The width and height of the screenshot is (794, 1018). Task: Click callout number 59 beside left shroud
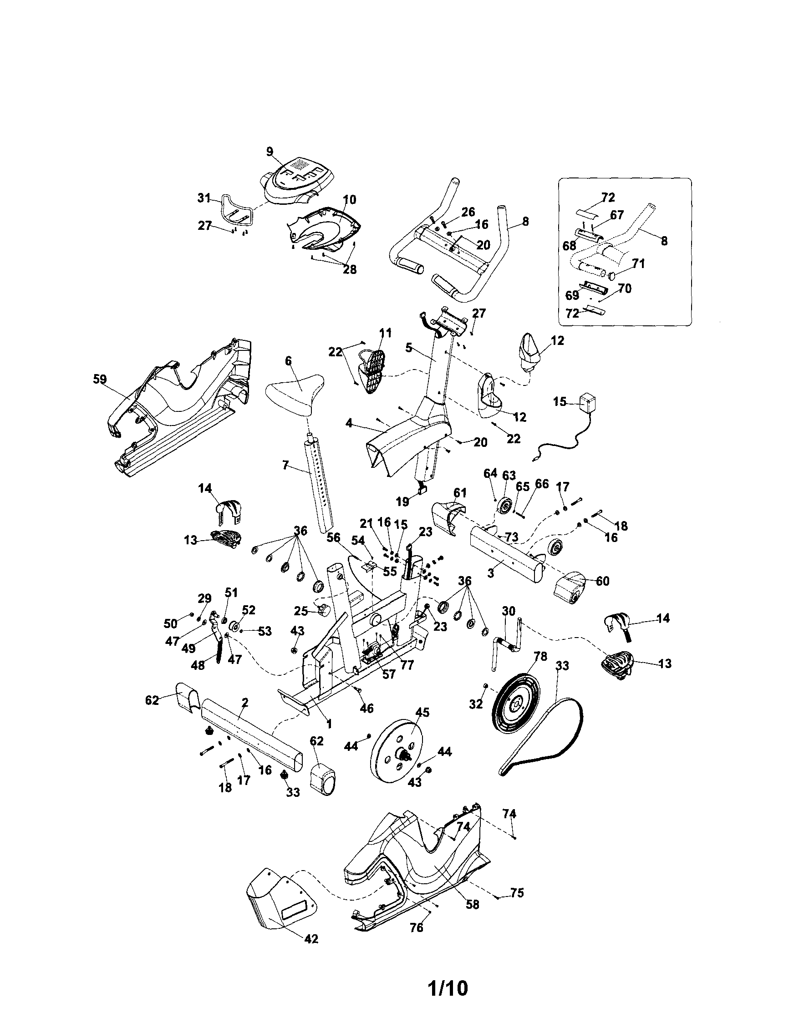pyautogui.click(x=100, y=379)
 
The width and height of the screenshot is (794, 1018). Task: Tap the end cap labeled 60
pyautogui.click(x=570, y=588)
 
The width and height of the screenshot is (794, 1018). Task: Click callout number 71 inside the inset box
pyautogui.click(x=638, y=264)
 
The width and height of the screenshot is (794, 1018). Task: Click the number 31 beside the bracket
pyautogui.click(x=204, y=198)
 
